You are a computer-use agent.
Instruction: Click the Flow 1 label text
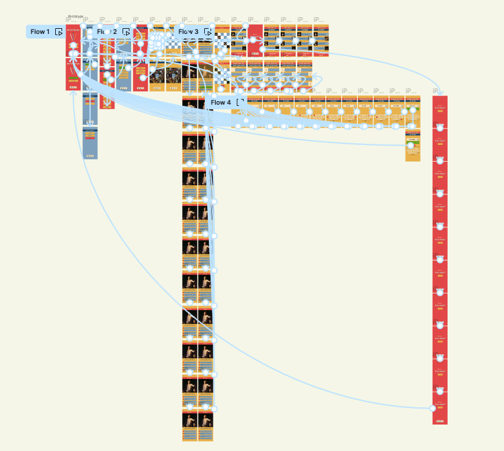[x=40, y=32]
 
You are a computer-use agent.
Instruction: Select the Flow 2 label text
[x=106, y=32]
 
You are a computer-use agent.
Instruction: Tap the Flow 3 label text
[x=188, y=32]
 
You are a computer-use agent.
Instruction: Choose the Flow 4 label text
[x=221, y=102]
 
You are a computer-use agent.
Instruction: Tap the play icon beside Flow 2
[x=126, y=32]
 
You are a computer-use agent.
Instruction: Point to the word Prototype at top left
[x=75, y=16]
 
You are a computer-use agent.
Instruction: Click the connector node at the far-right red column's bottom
[x=433, y=408]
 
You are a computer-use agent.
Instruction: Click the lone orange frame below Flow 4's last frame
[x=413, y=146]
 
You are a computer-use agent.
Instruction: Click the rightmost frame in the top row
[x=322, y=40]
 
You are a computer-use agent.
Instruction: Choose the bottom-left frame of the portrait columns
[x=189, y=425]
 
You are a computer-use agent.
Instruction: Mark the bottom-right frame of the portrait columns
[x=205, y=425]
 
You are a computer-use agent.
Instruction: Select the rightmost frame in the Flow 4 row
[x=413, y=112]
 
